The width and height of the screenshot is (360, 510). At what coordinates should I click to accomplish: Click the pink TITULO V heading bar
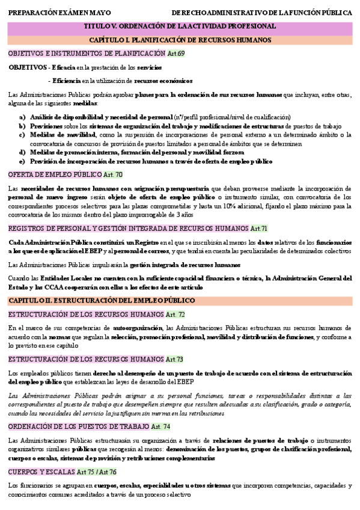[180, 26]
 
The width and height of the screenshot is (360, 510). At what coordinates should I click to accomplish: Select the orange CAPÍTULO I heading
[180, 40]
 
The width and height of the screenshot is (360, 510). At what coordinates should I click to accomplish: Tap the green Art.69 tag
[176, 54]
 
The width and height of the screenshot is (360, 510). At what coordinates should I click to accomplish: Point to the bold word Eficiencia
[66, 80]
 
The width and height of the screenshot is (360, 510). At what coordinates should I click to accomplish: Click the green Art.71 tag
[258, 229]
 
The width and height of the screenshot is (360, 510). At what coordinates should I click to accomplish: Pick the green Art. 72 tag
[175, 314]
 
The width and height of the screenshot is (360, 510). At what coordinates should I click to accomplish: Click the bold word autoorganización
[138, 328]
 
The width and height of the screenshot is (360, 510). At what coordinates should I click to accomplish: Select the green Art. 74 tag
[160, 426]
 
